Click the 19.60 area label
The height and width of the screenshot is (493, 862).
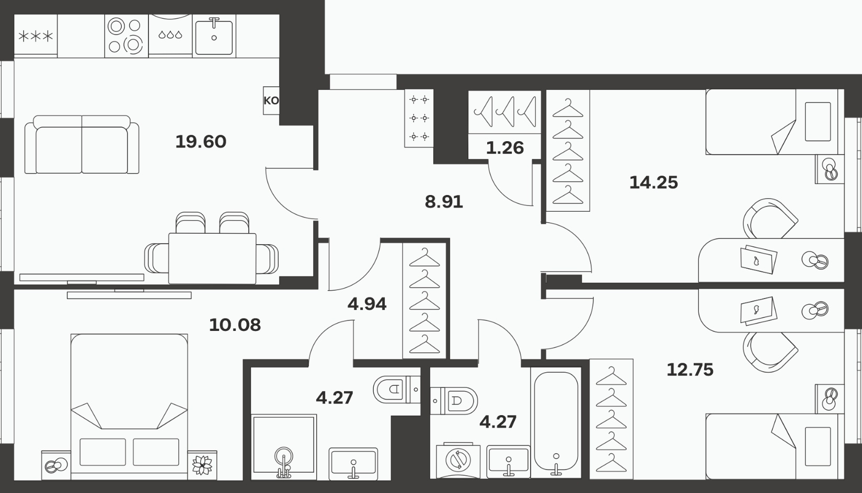coord(201,142)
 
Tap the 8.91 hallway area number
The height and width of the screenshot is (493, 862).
coord(444,202)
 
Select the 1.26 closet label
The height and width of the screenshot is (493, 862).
coord(505,148)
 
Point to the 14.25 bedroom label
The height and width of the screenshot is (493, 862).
coord(653,182)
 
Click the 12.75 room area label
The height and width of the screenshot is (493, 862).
coord(690,370)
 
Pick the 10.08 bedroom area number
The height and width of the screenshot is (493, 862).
coord(235,325)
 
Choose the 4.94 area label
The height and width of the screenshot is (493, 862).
coord(367,304)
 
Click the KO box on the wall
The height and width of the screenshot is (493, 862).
coord(271,100)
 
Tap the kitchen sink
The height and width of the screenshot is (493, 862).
coord(214,37)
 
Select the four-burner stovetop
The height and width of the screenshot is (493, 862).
coord(126,36)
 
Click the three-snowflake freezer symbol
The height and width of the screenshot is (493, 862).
coord(36,37)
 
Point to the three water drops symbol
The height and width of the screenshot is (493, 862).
coord(170,35)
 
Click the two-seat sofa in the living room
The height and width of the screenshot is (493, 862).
coord(82,144)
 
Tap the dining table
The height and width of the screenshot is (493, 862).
coord(212,258)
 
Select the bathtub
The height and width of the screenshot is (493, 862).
coord(556,421)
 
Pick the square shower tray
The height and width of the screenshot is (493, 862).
coord(284,447)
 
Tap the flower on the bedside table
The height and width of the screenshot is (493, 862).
coord(202,465)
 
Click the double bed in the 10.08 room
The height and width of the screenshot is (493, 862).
coord(129,407)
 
